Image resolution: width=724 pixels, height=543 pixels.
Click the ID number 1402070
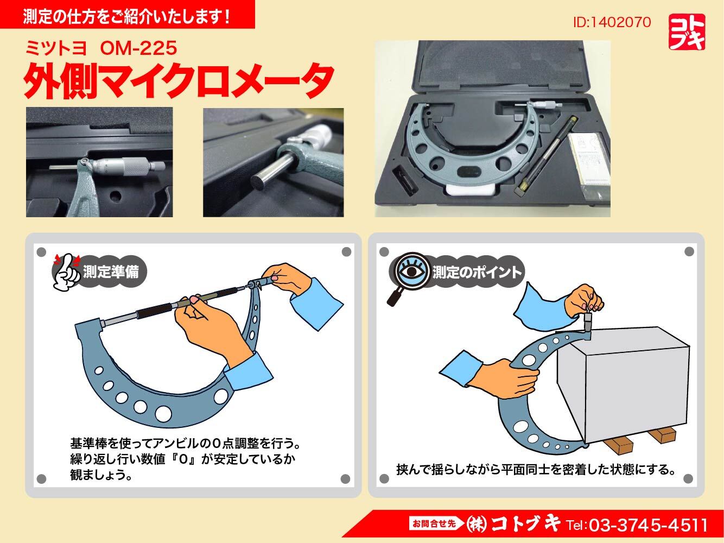point(612,22)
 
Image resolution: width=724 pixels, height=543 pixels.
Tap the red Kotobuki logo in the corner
point(687,32)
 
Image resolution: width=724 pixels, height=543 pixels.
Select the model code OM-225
point(138,48)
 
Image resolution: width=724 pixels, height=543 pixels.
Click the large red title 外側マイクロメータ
point(179,81)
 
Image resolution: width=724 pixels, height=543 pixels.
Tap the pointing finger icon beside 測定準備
point(67,272)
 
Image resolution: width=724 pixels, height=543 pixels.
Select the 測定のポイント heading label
point(477,272)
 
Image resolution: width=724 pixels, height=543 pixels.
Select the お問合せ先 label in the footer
point(434,523)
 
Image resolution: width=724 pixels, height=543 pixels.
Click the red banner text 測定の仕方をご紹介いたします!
point(126,17)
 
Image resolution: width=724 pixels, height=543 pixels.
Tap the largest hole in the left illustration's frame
point(163,414)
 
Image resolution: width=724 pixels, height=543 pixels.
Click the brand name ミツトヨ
point(56,48)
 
